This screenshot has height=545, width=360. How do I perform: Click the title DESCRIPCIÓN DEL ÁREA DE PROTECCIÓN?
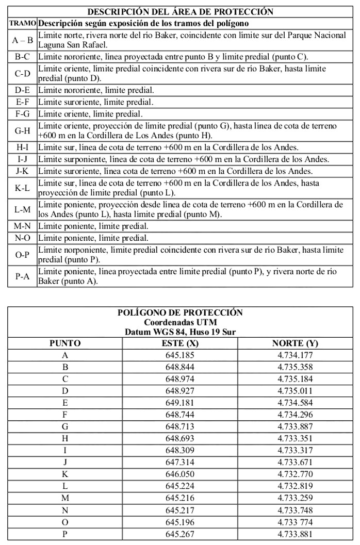180,11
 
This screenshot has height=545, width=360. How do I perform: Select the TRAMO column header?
23,24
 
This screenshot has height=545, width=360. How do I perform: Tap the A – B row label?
23,40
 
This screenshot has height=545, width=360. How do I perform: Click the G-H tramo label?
23,131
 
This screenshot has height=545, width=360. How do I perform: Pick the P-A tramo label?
23,277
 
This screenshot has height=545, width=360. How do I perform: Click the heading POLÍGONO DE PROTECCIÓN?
180,312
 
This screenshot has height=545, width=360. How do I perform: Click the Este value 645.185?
179,355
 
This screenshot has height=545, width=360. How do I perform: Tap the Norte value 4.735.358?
295,367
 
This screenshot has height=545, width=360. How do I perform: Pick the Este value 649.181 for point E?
179,403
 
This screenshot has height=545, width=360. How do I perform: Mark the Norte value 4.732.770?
295,474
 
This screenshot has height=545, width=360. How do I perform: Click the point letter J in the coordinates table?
65,462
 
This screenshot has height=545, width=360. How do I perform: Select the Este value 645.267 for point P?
179,533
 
